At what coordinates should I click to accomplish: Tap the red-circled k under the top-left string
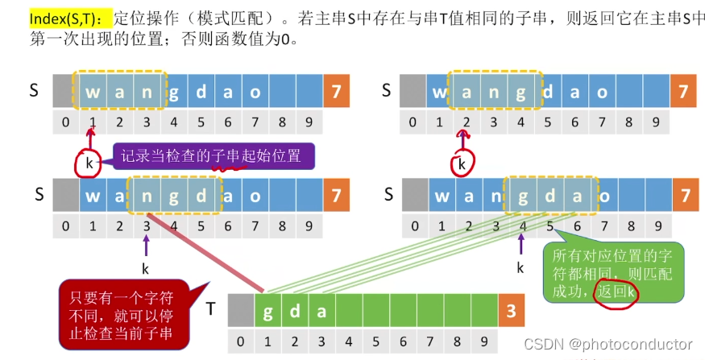point(88,163)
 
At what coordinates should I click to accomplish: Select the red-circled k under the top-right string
point(461,164)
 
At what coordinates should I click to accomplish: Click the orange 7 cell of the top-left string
point(336,92)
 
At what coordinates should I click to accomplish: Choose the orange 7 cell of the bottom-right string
point(685,195)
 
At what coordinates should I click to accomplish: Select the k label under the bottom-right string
point(520,267)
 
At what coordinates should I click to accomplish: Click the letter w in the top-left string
point(93,92)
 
